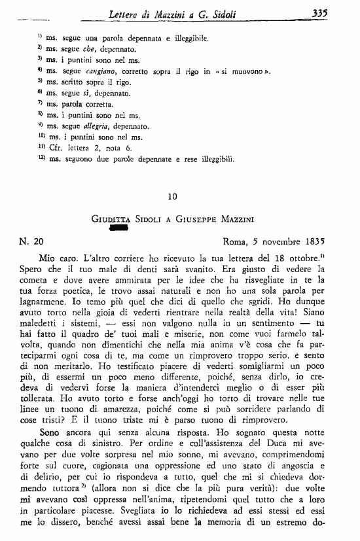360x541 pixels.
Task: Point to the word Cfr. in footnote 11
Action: click(x=55, y=148)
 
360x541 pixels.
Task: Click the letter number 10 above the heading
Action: click(x=172, y=196)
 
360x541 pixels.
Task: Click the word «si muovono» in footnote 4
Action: click(x=245, y=71)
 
